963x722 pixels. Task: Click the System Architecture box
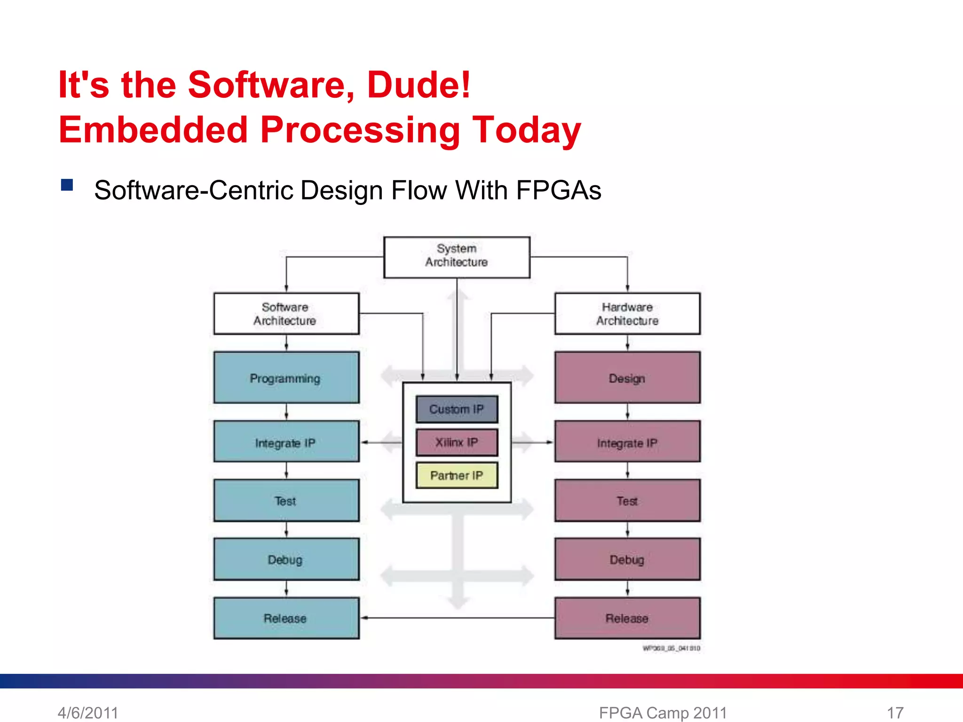(x=457, y=257)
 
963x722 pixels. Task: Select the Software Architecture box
(x=286, y=314)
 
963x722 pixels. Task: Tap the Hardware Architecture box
(x=627, y=314)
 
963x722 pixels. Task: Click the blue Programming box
(x=286, y=377)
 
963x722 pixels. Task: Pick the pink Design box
(x=627, y=377)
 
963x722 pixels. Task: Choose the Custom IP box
(x=457, y=409)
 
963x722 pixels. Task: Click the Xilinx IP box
(x=457, y=442)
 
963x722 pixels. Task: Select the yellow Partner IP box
(x=457, y=475)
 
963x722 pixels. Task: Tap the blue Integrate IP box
(x=286, y=442)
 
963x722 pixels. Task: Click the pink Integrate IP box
(x=627, y=442)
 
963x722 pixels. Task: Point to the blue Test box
(x=286, y=501)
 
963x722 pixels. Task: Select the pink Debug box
(x=627, y=559)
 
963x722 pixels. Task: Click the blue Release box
(x=286, y=618)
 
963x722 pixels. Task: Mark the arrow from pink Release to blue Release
(x=457, y=618)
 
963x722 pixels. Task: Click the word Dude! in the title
(x=418, y=85)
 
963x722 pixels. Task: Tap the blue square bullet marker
(x=67, y=185)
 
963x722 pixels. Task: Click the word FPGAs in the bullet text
(x=559, y=191)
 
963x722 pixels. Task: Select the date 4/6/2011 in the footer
(x=88, y=713)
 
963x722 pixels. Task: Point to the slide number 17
(x=895, y=713)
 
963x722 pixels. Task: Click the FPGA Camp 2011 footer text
(x=663, y=713)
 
